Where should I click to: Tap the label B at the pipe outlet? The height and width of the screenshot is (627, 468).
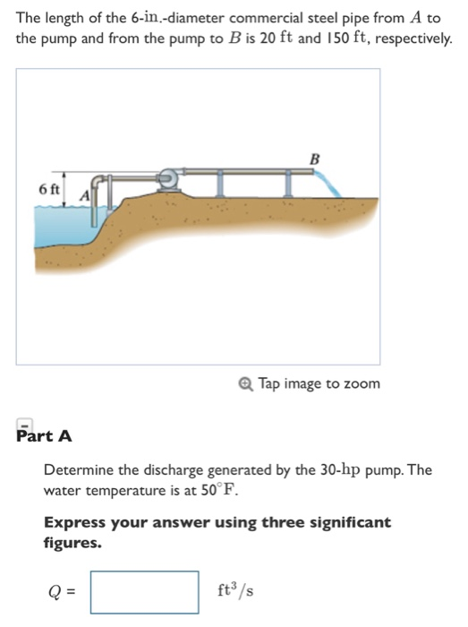[x=314, y=159]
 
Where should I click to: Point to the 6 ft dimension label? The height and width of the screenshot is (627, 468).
[x=50, y=190]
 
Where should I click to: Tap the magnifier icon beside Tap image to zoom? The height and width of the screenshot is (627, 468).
[x=246, y=383]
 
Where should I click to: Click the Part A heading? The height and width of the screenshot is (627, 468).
[x=44, y=436]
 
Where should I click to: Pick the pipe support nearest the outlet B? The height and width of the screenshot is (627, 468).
[x=289, y=185]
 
